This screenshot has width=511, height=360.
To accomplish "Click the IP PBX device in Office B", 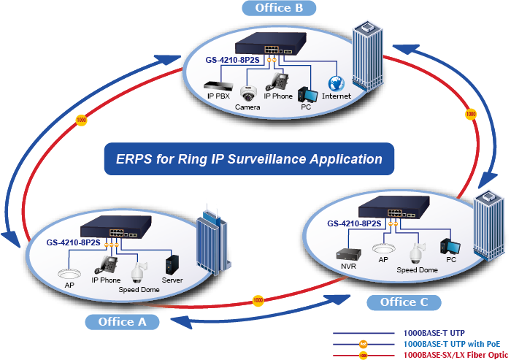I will click(218, 85).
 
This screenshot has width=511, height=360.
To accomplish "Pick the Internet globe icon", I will click(336, 84).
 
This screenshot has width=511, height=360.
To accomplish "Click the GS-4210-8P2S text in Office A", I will click(73, 242).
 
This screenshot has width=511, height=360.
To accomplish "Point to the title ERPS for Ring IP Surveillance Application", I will click(249, 158).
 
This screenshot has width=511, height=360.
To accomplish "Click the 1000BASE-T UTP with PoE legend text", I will click(451, 342).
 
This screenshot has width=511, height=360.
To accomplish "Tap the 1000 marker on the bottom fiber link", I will click(257, 300).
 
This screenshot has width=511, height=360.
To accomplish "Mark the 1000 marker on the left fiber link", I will click(81, 119).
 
